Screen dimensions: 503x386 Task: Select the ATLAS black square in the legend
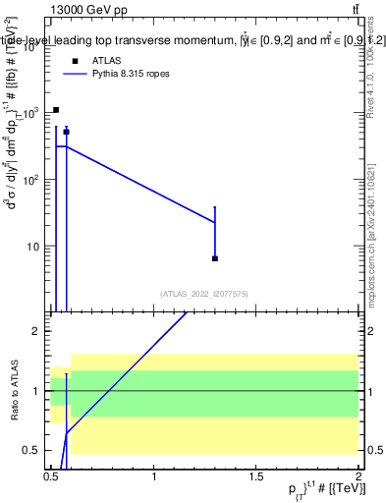point(74,61)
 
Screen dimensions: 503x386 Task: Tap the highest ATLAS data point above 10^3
point(56,110)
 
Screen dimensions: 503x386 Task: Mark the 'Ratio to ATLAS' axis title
point(14,391)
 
